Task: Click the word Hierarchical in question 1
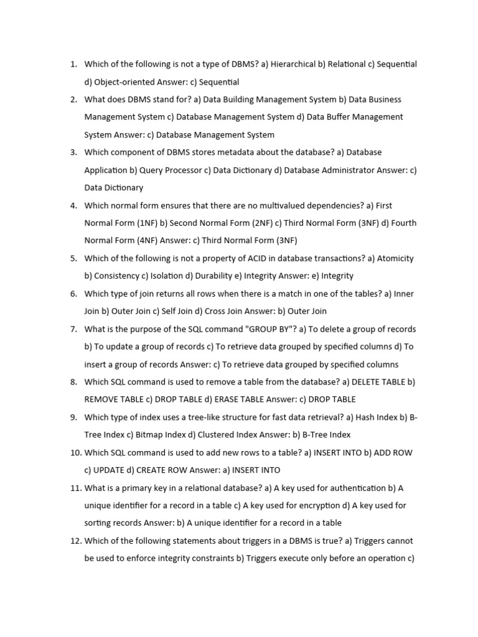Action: (x=294, y=64)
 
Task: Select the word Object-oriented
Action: (x=125, y=81)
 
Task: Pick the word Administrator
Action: (x=352, y=170)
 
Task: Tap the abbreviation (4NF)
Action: (x=147, y=240)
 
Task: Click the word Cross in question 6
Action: (x=215, y=311)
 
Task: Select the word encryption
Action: (x=325, y=506)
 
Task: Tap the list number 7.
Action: (x=73, y=329)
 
